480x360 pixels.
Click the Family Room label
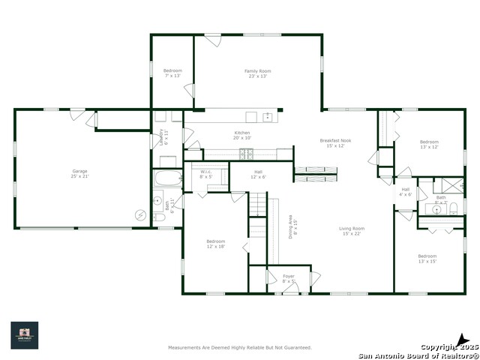pyautogui.click(x=256, y=73)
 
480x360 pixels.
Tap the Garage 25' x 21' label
pyautogui.click(x=80, y=173)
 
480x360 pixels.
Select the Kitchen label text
pyautogui.click(x=242, y=135)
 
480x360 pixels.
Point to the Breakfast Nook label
pyautogui.click(x=334, y=142)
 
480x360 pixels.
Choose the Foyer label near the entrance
pyautogui.click(x=289, y=278)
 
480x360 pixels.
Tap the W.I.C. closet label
pyautogui.click(x=206, y=174)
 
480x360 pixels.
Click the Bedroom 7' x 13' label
pyautogui.click(x=172, y=73)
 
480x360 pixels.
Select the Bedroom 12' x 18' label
pyautogui.click(x=216, y=244)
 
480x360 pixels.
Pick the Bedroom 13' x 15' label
pyautogui.click(x=427, y=259)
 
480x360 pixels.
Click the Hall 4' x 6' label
pyautogui.click(x=406, y=192)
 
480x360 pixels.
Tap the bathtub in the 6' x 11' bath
pyautogui.click(x=167, y=179)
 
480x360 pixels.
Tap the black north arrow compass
pyautogui.click(x=463, y=340)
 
